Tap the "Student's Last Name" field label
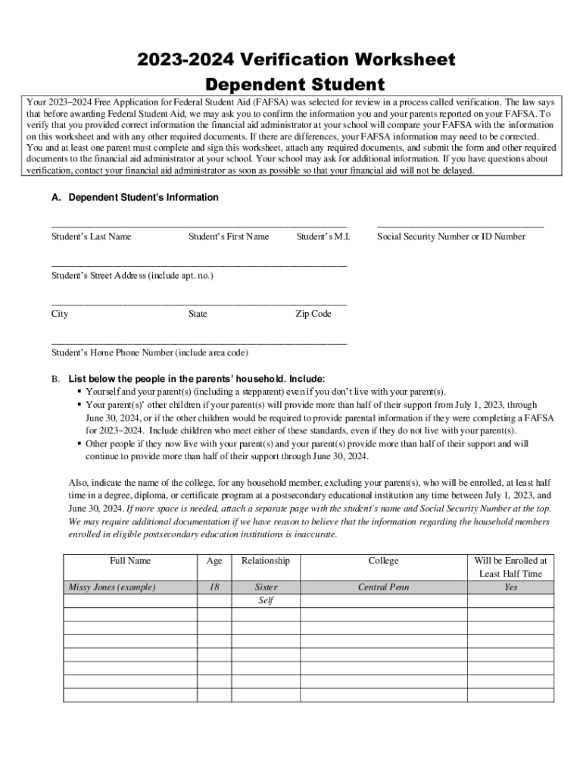coord(91,236)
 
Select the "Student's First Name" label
coord(229,236)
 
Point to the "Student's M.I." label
coord(323,236)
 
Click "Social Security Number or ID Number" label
coord(451,236)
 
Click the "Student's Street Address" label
coord(132,276)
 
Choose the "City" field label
coord(60,314)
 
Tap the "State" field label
coord(198,314)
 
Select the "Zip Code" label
coord(313,314)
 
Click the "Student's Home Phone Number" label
coord(150,353)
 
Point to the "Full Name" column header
coord(130,561)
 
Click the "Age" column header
coord(214,561)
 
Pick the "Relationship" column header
coord(266,561)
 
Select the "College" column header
coord(383,561)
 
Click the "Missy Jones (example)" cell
coord(112,587)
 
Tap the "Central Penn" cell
coord(383,587)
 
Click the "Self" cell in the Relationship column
coord(266,601)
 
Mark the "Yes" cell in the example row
coord(511,587)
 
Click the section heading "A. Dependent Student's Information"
coord(135,198)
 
